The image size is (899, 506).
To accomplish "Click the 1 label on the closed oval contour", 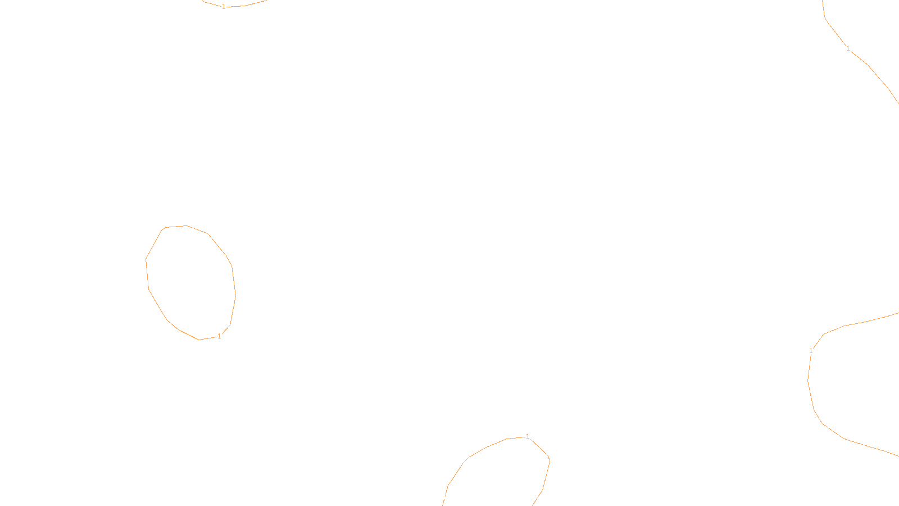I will point(219,336).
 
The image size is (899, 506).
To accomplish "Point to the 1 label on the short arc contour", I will point(224,7).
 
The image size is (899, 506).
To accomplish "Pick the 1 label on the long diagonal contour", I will point(848,48).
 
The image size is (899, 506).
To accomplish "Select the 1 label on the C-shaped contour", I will point(811,351).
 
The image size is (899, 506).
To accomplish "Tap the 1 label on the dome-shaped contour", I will point(528,436).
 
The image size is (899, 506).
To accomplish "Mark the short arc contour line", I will point(247,5).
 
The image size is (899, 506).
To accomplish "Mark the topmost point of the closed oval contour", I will point(186,225).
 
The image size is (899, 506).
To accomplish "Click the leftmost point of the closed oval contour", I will point(146,260).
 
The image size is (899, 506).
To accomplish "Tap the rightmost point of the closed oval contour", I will point(235,295).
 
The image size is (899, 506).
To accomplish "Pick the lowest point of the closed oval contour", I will point(199,340).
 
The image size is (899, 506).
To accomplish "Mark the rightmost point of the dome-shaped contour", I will point(550,461).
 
